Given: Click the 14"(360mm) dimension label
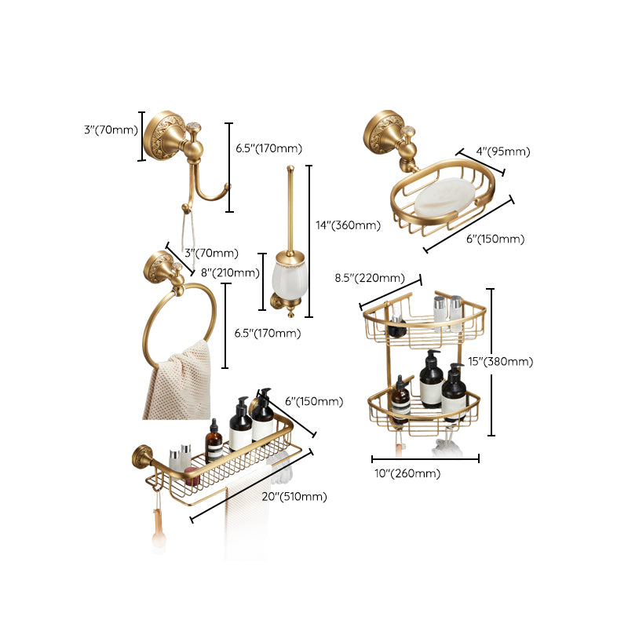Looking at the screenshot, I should coord(347,225).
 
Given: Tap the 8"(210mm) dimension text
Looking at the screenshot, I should coord(230,273).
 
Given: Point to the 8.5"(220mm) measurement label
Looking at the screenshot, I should coord(370,278).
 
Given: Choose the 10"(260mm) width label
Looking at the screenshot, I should coord(408,473).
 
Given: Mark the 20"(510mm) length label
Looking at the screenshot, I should coord(295,496).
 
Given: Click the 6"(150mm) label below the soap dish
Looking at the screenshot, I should coord(495,239).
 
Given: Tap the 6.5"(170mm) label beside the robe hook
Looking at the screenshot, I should coord(268,148).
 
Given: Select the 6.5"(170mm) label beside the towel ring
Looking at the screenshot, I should coord(268,334).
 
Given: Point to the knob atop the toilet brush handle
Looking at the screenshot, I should coord(291,168).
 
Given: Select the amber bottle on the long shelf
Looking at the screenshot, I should coord(214,441).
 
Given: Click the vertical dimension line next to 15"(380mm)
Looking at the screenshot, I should coord(491,362).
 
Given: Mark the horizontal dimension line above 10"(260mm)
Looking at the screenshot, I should coord(425,459).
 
